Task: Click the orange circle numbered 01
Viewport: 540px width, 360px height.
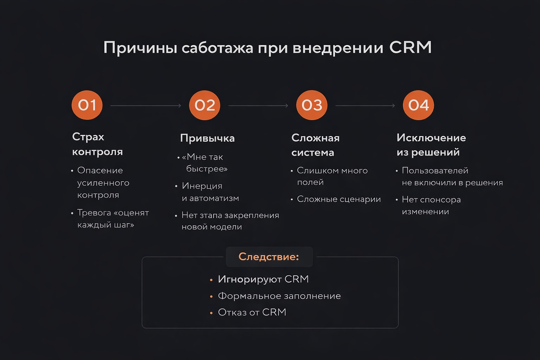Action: pyautogui.click(x=87, y=105)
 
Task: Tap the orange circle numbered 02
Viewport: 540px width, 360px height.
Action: pyautogui.click(x=205, y=105)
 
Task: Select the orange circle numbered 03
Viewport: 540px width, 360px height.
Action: pyautogui.click(x=312, y=105)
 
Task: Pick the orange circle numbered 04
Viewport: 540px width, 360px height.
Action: pyautogui.click(x=418, y=105)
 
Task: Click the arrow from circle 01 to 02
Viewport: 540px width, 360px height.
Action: pyautogui.click(x=145, y=106)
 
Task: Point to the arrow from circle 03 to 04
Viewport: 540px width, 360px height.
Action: pyautogui.click(x=365, y=106)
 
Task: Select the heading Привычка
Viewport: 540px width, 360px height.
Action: pyautogui.click(x=207, y=138)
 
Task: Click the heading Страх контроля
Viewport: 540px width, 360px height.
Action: pyautogui.click(x=97, y=144)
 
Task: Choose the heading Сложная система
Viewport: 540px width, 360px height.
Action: pyautogui.click(x=315, y=145)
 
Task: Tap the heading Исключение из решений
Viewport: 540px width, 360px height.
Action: pyautogui.click(x=431, y=145)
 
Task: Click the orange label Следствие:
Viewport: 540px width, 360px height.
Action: pyautogui.click(x=269, y=257)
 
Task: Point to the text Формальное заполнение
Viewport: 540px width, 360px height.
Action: pyautogui.click(x=279, y=296)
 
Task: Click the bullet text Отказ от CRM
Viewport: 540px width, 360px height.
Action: pyautogui.click(x=252, y=312)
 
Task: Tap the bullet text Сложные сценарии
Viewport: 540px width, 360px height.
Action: pyautogui.click(x=339, y=199)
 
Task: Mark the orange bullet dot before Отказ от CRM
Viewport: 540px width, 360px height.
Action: pyautogui.click(x=211, y=313)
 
